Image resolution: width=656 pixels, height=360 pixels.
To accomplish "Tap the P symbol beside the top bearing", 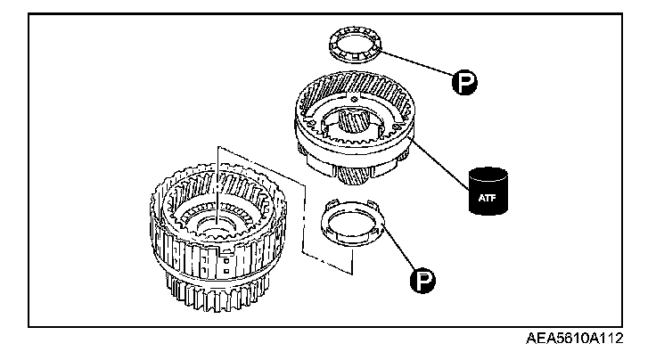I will pos(463,85).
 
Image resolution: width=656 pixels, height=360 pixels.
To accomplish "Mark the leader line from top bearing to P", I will pos(419,67).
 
